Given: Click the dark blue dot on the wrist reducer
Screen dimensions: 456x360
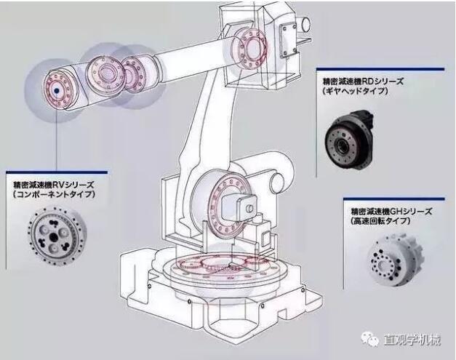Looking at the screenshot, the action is [x=57, y=91].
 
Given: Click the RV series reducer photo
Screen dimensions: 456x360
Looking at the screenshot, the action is [x=57, y=235].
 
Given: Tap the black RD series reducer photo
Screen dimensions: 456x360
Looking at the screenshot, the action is [x=349, y=139].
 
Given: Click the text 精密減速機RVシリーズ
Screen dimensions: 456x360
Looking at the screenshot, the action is [x=54, y=184].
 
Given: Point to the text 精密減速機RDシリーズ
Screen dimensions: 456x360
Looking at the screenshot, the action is [x=363, y=81].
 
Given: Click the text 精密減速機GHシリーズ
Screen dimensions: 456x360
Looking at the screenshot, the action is [x=391, y=211].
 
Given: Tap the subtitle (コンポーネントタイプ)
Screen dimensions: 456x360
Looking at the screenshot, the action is [x=54, y=194].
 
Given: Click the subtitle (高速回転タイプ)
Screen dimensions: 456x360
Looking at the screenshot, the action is [x=380, y=221].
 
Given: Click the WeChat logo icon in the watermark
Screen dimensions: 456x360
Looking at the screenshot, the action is [x=370, y=339].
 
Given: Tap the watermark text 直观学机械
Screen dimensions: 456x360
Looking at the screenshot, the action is [x=412, y=340].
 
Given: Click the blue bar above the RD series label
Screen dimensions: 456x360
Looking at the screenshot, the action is [x=380, y=69].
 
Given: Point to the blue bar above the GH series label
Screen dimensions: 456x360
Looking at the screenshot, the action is [x=394, y=199].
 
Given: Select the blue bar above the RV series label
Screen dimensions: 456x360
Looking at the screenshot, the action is [x=57, y=172].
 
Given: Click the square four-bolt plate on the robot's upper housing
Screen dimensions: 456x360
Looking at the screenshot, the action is [x=289, y=40].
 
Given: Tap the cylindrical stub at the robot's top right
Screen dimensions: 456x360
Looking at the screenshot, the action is [x=305, y=24].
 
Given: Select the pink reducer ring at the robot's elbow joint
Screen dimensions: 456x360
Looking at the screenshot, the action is [x=250, y=49].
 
